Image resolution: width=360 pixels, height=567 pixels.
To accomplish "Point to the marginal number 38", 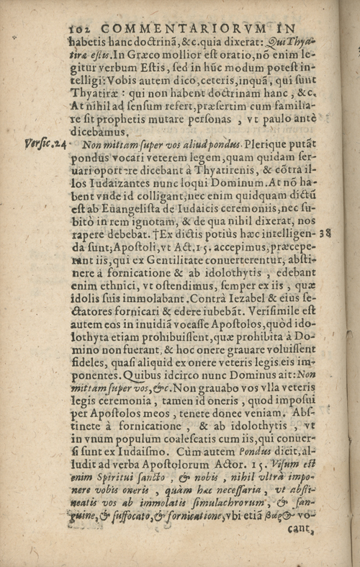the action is pos(325,233).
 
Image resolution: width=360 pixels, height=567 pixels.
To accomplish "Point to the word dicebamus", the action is pos(101,132).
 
